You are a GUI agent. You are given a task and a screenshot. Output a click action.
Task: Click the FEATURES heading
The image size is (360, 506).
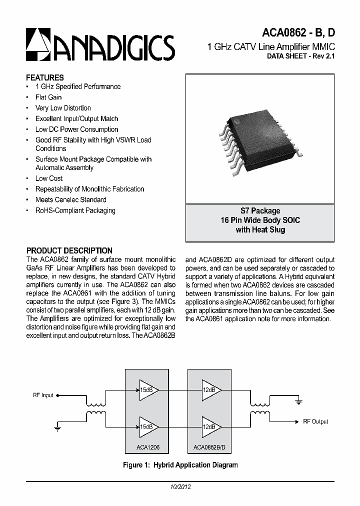[45, 77]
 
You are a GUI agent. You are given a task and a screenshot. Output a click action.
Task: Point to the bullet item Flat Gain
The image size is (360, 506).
[48, 97]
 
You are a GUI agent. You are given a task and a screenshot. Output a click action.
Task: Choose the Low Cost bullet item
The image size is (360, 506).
[49, 178]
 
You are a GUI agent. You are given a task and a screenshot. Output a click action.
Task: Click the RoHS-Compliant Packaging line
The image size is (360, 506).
[75, 210]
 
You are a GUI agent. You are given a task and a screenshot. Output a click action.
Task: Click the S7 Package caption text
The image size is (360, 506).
[260, 210]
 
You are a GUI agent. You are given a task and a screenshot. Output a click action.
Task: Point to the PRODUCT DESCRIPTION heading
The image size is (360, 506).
[69, 250]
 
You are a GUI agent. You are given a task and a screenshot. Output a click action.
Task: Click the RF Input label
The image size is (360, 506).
[43, 395]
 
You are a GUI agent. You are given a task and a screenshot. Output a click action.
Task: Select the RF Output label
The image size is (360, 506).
[315, 421]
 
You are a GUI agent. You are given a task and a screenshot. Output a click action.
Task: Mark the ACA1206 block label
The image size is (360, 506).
[141, 448]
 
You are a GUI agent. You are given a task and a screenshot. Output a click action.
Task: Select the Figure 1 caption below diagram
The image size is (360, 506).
[180, 465]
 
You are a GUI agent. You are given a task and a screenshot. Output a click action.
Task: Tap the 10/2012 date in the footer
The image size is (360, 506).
[179, 486]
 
